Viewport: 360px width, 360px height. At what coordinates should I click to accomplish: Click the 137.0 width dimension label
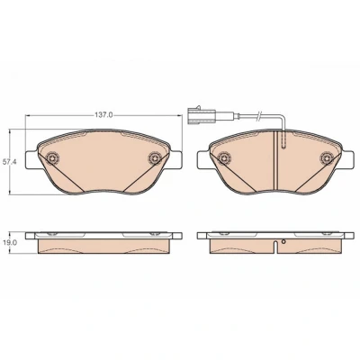[x=103, y=115]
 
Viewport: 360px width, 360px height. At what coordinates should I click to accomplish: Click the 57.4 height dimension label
[x=9, y=162]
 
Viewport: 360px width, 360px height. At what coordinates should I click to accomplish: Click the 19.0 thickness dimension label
[x=9, y=243]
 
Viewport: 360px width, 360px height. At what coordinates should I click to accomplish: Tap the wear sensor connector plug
[x=201, y=115]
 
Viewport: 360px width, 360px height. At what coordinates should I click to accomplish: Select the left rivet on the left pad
[x=53, y=157]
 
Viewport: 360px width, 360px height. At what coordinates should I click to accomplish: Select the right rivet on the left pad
[x=155, y=157]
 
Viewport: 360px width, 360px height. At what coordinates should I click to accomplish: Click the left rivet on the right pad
[x=224, y=157]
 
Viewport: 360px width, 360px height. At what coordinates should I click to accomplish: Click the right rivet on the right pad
[x=326, y=157]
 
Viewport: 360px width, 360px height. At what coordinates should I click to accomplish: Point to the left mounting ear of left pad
[x=31, y=159]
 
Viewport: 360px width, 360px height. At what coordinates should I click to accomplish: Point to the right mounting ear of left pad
[x=176, y=159]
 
